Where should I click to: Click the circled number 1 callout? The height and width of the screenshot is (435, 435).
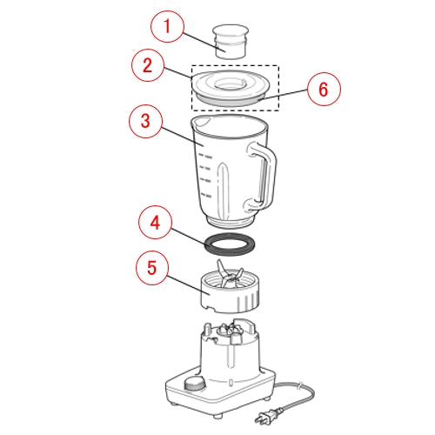pyautogui.click(x=167, y=27)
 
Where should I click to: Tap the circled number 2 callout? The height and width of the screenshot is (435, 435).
pyautogui.click(x=148, y=65)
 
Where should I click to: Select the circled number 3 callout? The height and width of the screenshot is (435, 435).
pyautogui.click(x=145, y=121)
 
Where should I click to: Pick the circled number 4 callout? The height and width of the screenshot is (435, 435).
pyautogui.click(x=155, y=223)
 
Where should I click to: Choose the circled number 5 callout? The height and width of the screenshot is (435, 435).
pyautogui.click(x=152, y=268)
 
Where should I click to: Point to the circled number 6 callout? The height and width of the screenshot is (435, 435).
pyautogui.click(x=324, y=89)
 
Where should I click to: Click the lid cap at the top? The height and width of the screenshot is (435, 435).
pyautogui.click(x=231, y=42)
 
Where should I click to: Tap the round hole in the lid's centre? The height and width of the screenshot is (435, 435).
pyautogui.click(x=231, y=84)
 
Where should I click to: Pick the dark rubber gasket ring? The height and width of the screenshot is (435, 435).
pyautogui.click(x=231, y=244)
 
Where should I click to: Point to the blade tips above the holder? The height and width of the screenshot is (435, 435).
pyautogui.click(x=230, y=272)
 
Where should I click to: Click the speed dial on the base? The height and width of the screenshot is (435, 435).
pyautogui.click(x=195, y=385)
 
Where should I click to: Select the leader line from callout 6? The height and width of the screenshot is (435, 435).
pyautogui.click(x=284, y=95)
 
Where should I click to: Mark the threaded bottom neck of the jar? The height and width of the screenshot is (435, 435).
pyautogui.click(x=230, y=222)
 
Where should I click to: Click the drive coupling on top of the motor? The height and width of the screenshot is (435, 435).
pyautogui.click(x=231, y=331)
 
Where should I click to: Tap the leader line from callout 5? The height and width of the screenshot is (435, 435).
pyautogui.click(x=188, y=285)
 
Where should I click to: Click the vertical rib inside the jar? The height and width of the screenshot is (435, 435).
pyautogui.click(x=224, y=190)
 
